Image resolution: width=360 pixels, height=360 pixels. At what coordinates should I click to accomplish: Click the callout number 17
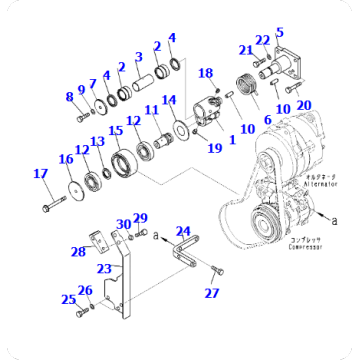click(x=40, y=174)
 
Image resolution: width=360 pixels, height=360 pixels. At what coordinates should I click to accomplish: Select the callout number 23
click(x=103, y=267)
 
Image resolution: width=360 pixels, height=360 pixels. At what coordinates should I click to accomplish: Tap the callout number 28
click(x=77, y=252)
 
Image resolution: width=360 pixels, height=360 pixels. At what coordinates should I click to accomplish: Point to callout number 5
click(x=279, y=32)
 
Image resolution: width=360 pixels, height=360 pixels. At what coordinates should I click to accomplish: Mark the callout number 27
click(x=211, y=293)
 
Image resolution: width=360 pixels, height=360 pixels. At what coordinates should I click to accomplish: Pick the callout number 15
click(x=115, y=132)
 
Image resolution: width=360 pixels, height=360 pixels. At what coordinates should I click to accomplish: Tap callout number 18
click(x=206, y=73)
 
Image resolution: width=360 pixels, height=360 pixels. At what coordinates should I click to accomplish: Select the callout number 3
click(x=139, y=56)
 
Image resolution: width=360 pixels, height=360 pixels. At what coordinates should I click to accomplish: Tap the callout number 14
click(x=169, y=100)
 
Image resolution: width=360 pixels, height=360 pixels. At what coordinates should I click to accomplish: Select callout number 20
click(x=304, y=105)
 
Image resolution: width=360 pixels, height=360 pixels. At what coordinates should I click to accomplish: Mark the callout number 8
click(x=70, y=96)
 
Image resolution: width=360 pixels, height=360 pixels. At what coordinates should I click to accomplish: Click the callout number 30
click(x=121, y=224)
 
